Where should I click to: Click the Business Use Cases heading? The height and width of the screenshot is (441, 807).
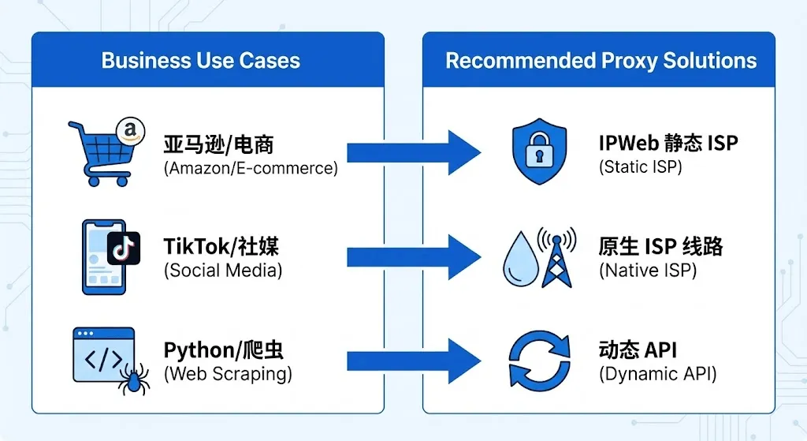click(201, 62)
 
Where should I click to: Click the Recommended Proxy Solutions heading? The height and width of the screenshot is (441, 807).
click(601, 62)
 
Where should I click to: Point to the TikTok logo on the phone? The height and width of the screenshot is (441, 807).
click(123, 248)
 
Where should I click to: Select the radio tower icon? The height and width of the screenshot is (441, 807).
click(556, 257)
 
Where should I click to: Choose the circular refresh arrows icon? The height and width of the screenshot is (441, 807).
click(539, 361)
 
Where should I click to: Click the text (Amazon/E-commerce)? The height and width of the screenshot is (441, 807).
click(251, 168)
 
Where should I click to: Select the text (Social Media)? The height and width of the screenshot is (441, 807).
click(223, 271)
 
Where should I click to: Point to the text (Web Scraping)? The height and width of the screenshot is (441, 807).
click(227, 374)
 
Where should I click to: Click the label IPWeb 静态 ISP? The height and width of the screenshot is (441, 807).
click(668, 144)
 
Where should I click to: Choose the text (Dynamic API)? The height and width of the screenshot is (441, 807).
click(657, 374)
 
